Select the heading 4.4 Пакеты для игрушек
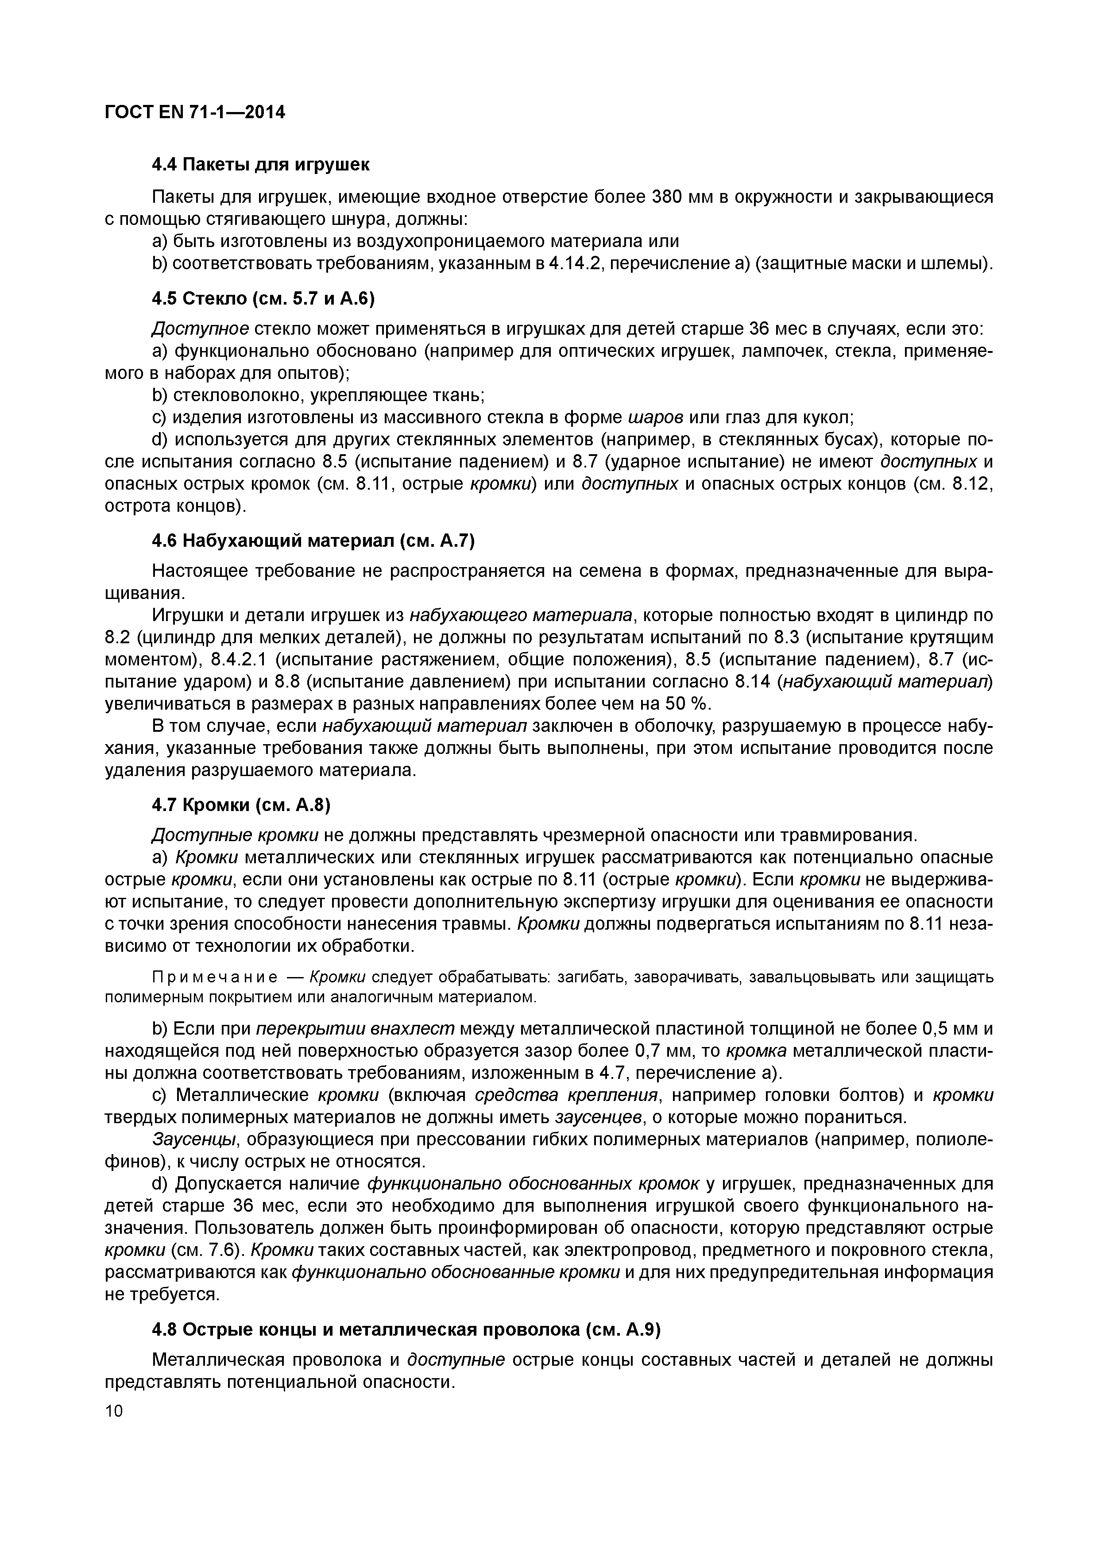click(x=260, y=164)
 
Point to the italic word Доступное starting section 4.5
click(x=201, y=329)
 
